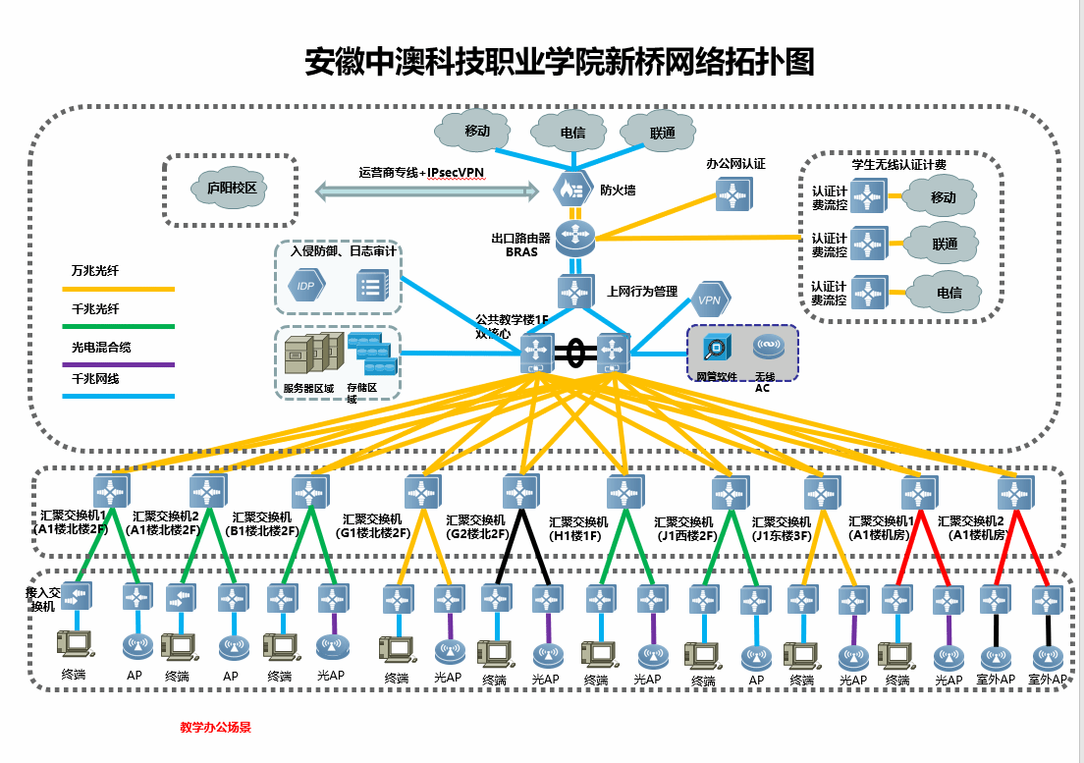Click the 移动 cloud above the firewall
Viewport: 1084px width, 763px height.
[476, 131]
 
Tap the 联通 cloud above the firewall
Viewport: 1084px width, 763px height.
[662, 132]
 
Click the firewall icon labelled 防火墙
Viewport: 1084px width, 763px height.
[571, 189]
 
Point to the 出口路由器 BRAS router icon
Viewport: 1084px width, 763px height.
[574, 236]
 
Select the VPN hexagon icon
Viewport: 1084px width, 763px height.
[710, 299]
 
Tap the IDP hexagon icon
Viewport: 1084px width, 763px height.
[306, 286]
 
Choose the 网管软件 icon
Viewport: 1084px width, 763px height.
[716, 349]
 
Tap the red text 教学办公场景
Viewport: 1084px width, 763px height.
[215, 728]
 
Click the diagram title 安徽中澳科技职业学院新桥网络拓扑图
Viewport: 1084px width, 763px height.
[560, 62]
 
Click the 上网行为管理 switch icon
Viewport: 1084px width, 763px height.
[575, 292]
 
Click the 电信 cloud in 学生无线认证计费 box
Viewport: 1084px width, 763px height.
[947, 293]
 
